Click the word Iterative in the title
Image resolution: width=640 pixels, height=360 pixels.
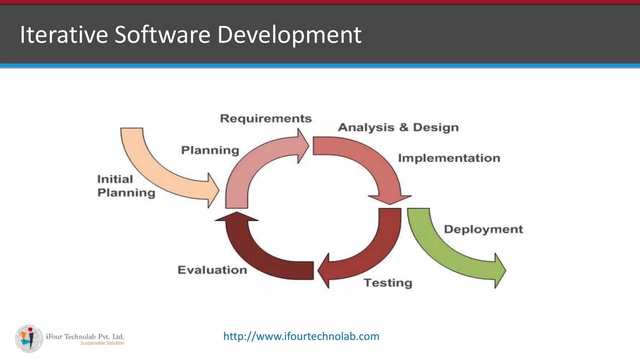tap(64, 34)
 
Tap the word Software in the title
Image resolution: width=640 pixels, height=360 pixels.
tap(162, 34)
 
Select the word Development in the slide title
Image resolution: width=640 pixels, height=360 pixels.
tap(289, 35)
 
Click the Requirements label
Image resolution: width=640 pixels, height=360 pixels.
tap(266, 118)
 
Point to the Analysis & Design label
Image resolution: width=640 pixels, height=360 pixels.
tap(398, 127)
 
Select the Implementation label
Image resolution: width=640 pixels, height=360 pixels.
tap(449, 158)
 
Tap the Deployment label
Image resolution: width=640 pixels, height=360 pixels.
tap(483, 229)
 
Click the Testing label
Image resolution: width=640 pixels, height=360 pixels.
tap(388, 283)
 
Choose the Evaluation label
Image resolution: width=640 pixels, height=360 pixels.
tap(212, 270)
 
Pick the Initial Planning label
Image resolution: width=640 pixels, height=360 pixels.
tap(126, 186)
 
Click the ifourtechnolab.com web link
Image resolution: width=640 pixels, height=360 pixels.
tap(301, 336)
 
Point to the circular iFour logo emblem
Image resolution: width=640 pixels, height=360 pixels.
tap(29, 338)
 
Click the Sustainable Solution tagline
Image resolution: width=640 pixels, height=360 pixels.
tap(102, 343)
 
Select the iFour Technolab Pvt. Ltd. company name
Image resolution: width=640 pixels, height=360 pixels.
tap(85, 337)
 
